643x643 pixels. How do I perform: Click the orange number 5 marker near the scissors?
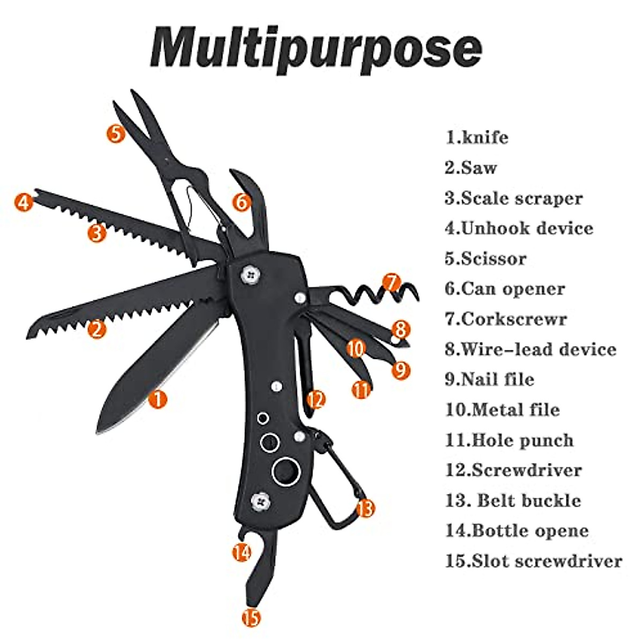(x=116, y=132)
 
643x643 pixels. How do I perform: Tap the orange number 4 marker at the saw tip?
(x=23, y=203)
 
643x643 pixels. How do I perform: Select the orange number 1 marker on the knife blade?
(x=158, y=399)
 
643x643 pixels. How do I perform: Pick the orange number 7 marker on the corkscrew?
(x=392, y=282)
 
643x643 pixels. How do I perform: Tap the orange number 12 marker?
(x=316, y=399)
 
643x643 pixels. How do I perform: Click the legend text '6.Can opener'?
(x=505, y=289)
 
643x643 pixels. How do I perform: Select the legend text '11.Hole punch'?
(x=509, y=440)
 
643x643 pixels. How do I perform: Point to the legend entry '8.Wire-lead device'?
(x=530, y=349)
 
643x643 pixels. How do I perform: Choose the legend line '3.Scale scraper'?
(x=513, y=198)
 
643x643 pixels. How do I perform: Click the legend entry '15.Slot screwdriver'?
(x=534, y=561)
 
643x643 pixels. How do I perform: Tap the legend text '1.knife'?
(x=477, y=137)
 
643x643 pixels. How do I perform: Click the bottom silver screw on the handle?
(x=260, y=502)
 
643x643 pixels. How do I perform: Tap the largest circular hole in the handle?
(x=285, y=472)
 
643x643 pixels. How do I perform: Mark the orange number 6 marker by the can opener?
(x=242, y=202)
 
